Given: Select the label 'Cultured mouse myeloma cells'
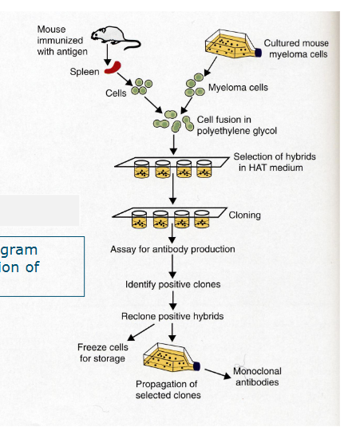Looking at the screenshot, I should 296,48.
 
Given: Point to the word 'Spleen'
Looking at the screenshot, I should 85,72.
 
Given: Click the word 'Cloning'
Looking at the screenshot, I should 244,215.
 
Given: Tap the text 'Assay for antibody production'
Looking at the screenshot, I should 172,249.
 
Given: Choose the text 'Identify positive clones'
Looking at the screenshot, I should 173,284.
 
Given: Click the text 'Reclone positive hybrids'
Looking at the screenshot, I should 172,316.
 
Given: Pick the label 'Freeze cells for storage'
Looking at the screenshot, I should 101,353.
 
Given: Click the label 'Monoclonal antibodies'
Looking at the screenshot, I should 256,376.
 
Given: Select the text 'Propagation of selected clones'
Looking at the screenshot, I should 166,389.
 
